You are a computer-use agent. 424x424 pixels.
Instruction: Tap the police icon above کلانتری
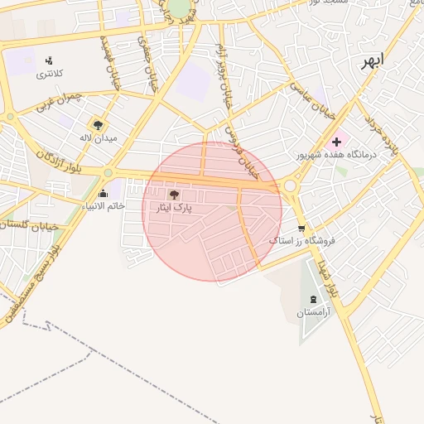click(x=49, y=60)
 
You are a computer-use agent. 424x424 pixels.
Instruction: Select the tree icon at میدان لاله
click(x=99, y=124)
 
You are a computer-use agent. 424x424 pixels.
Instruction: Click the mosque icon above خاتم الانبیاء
click(x=103, y=193)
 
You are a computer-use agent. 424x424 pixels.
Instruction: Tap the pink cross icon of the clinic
click(x=335, y=142)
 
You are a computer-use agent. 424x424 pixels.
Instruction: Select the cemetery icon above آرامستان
click(x=313, y=299)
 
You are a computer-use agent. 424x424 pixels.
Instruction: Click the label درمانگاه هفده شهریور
click(x=336, y=155)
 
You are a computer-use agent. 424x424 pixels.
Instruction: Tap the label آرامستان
click(x=314, y=313)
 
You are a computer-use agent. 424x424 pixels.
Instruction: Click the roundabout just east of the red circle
click(x=291, y=186)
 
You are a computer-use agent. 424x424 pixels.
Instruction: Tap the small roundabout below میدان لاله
click(x=108, y=172)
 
